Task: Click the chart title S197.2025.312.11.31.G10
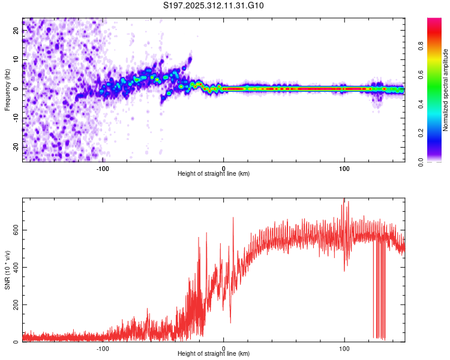pos(214,6)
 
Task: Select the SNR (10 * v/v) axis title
pos(7,270)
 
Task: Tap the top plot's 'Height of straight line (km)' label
pos(214,173)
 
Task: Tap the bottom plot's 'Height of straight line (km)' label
pos(214,353)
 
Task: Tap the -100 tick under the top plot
pos(103,167)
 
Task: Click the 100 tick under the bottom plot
pos(344,347)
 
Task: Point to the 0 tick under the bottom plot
pos(223,347)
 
